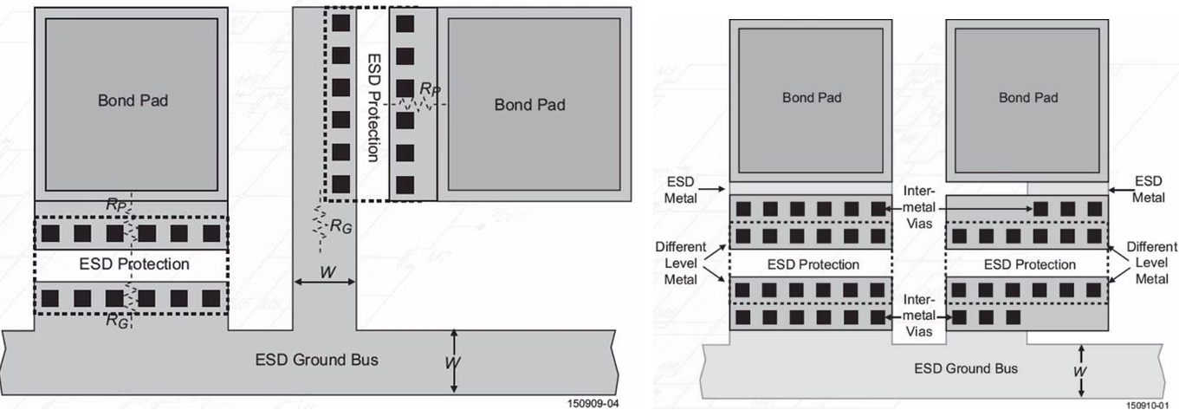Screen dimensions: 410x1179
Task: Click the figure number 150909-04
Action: [593, 403]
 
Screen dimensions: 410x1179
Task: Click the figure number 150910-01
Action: [1151, 404]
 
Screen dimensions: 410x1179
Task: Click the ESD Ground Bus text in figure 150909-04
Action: [316, 359]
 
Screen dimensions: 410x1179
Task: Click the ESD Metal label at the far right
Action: [1148, 188]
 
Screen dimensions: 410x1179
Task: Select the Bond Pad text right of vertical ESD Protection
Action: [529, 105]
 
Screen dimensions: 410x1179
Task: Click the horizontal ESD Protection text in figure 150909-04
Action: [134, 264]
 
